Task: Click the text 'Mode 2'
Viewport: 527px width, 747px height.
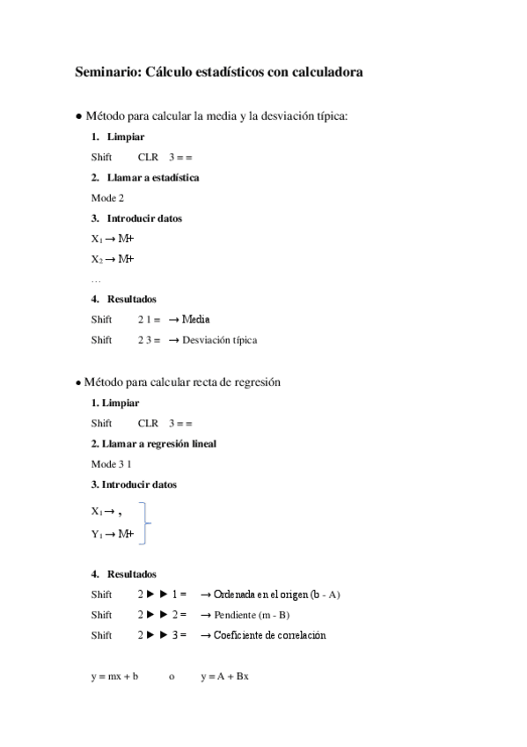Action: [107, 197]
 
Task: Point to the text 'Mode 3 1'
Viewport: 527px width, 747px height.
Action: [111, 463]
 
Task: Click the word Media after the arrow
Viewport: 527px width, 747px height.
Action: [196, 319]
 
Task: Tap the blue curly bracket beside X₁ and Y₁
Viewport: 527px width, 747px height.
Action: [149, 521]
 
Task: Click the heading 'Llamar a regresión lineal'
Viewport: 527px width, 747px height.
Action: [158, 443]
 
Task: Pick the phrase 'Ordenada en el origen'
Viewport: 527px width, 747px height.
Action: [260, 595]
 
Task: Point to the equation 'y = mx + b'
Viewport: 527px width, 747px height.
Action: [114, 677]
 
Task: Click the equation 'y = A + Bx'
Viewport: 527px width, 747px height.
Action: [224, 677]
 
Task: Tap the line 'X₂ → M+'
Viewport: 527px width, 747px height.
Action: [112, 259]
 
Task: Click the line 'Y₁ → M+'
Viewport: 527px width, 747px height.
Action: [112, 534]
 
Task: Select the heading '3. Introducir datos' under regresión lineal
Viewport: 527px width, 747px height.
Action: [134, 484]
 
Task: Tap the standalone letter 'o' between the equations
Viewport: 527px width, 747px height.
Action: [172, 677]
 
